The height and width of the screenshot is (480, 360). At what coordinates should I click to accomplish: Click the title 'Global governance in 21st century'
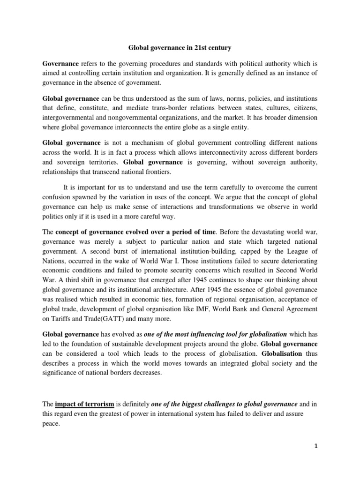point(180,47)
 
